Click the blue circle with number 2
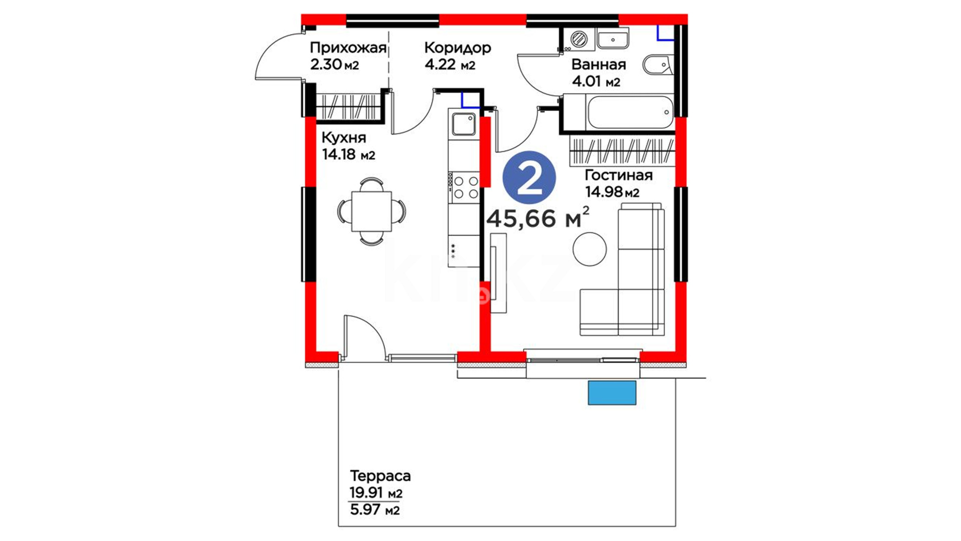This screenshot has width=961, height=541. tap(529, 177)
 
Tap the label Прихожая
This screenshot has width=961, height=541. tap(348, 48)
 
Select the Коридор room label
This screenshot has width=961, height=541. tap(457, 48)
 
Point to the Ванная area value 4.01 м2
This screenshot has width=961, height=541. tap(596, 81)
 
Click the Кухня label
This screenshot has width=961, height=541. tap(343, 137)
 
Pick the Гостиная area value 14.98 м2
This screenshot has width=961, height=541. tap(612, 192)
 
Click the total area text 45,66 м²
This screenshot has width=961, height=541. tap(538, 218)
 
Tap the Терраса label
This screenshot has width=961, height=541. tap(380, 475)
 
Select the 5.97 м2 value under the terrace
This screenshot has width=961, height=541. tap(375, 510)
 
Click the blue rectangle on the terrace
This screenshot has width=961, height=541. tap(612, 393)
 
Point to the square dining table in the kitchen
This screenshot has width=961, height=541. tap(371, 211)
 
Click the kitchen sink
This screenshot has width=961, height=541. tap(463, 124)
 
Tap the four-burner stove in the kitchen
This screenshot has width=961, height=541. tap(465, 187)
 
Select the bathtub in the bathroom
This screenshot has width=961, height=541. tap(630, 112)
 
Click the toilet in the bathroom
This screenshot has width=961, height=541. tap(658, 65)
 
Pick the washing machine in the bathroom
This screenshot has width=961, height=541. tap(579, 39)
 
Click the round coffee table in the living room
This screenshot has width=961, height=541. tap(590, 249)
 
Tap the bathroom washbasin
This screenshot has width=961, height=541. tap(613, 39)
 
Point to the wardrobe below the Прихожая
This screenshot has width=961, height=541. tap(347, 107)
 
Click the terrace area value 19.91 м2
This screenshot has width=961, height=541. tap(376, 493)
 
